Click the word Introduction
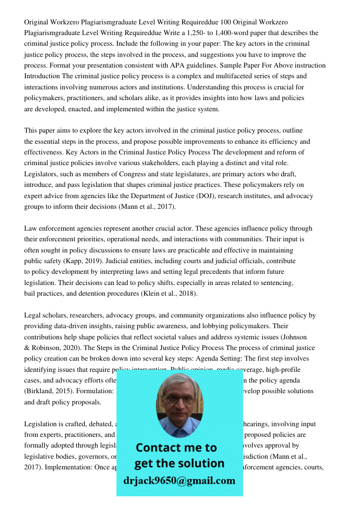coord(42,76)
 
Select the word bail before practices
coord(31,294)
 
